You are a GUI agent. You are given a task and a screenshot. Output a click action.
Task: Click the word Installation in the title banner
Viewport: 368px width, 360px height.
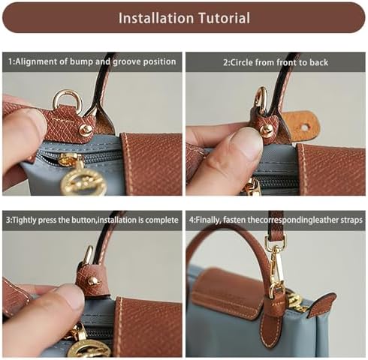(156, 18)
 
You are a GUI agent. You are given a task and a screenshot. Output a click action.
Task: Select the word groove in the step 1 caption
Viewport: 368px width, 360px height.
(126, 62)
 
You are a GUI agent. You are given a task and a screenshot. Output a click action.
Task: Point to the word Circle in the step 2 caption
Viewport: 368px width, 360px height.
(242, 62)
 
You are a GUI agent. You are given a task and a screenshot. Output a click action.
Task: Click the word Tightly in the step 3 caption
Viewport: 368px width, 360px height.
(24, 220)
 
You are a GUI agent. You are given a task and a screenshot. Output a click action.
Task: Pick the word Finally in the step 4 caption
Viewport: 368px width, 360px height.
(208, 220)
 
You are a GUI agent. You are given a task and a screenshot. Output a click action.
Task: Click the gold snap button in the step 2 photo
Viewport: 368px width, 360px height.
(266, 130)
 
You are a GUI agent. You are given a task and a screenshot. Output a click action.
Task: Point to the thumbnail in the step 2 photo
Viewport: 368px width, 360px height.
(246, 140)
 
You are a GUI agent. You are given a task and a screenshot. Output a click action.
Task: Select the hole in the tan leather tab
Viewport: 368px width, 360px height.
(304, 127)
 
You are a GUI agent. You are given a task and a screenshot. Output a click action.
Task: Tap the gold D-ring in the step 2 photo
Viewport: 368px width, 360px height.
(261, 100)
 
